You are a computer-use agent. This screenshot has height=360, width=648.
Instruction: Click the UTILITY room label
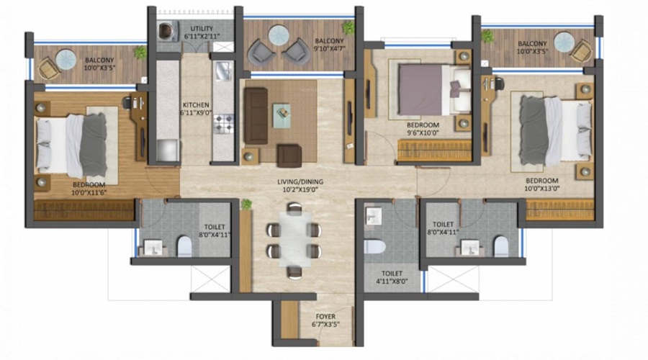click(x=202, y=29)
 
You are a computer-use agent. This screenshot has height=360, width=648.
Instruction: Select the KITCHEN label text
click(x=196, y=105)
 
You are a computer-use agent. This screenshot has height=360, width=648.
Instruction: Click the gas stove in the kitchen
click(x=224, y=124)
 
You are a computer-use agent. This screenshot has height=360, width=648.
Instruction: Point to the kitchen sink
click(x=224, y=71)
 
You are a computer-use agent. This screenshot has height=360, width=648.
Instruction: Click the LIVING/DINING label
click(x=300, y=182)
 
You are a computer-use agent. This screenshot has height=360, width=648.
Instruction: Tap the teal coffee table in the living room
click(x=282, y=116)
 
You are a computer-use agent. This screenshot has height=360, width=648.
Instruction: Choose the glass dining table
click(x=295, y=239)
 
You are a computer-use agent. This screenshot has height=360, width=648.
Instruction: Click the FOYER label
click(x=325, y=317)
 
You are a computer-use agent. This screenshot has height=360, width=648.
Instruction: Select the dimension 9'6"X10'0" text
click(x=423, y=132)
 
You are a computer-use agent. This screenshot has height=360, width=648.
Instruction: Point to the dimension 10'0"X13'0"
click(x=542, y=189)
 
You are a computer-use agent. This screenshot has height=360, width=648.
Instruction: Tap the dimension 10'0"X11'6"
click(x=89, y=193)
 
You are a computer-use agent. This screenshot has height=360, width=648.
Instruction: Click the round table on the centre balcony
click(x=278, y=35)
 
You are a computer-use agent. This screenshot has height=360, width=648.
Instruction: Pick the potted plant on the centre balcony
click(x=348, y=27)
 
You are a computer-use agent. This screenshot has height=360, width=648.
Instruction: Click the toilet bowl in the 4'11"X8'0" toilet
click(x=374, y=247)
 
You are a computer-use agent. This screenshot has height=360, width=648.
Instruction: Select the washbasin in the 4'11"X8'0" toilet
click(x=373, y=216)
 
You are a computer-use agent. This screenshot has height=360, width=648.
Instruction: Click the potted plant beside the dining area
click(x=247, y=204)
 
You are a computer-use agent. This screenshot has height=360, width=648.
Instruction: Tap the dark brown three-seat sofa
click(x=256, y=116)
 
